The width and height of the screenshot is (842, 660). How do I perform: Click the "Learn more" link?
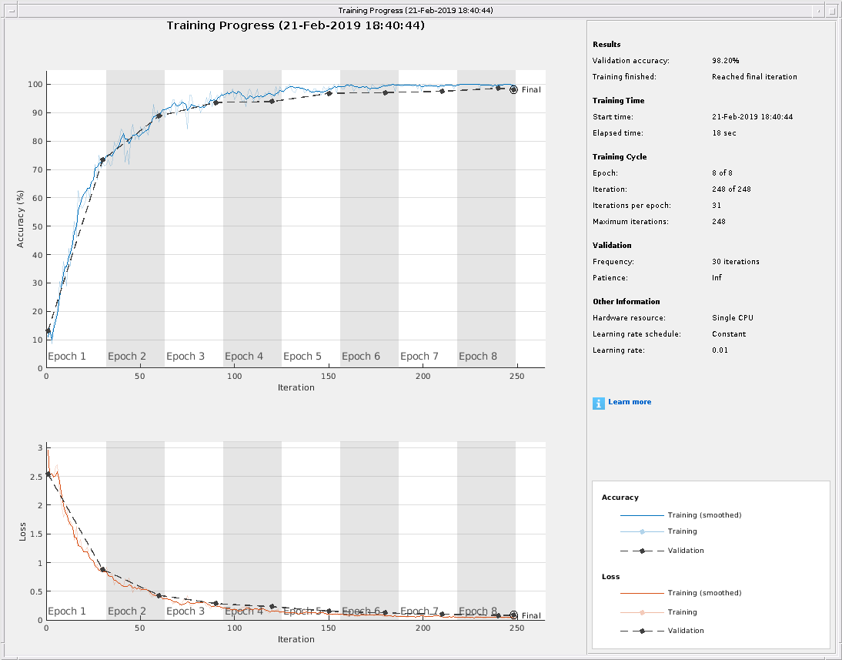pyautogui.click(x=630, y=402)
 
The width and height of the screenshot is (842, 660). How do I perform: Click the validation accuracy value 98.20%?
pyautogui.click(x=726, y=60)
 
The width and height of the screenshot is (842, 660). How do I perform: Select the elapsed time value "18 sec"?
pyautogui.click(x=724, y=133)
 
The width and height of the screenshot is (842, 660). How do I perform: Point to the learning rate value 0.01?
pyautogui.click(x=720, y=350)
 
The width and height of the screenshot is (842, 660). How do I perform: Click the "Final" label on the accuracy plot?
pyautogui.click(x=531, y=90)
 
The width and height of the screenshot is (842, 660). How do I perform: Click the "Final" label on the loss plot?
pyautogui.click(x=531, y=616)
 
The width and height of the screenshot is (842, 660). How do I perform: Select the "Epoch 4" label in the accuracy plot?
pyautogui.click(x=244, y=357)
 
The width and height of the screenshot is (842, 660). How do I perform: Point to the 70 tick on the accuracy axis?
pyautogui.click(x=36, y=169)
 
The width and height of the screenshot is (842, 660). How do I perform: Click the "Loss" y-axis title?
pyautogui.click(x=22, y=531)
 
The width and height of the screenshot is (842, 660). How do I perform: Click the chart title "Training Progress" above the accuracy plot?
pyautogui.click(x=296, y=25)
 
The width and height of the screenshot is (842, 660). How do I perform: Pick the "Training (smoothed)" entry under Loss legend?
pyautogui.click(x=704, y=593)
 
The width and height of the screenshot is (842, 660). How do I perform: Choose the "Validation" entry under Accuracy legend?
pyautogui.click(x=686, y=551)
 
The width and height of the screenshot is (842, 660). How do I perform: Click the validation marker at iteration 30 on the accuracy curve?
pyautogui.click(x=102, y=160)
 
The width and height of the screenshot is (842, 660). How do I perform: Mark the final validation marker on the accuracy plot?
pyautogui.click(x=513, y=89)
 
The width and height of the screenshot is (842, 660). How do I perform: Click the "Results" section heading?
pyautogui.click(x=606, y=45)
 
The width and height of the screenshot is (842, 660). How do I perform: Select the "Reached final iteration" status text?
pyautogui.click(x=754, y=77)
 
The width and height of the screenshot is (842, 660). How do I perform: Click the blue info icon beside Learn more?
pyautogui.click(x=599, y=403)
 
